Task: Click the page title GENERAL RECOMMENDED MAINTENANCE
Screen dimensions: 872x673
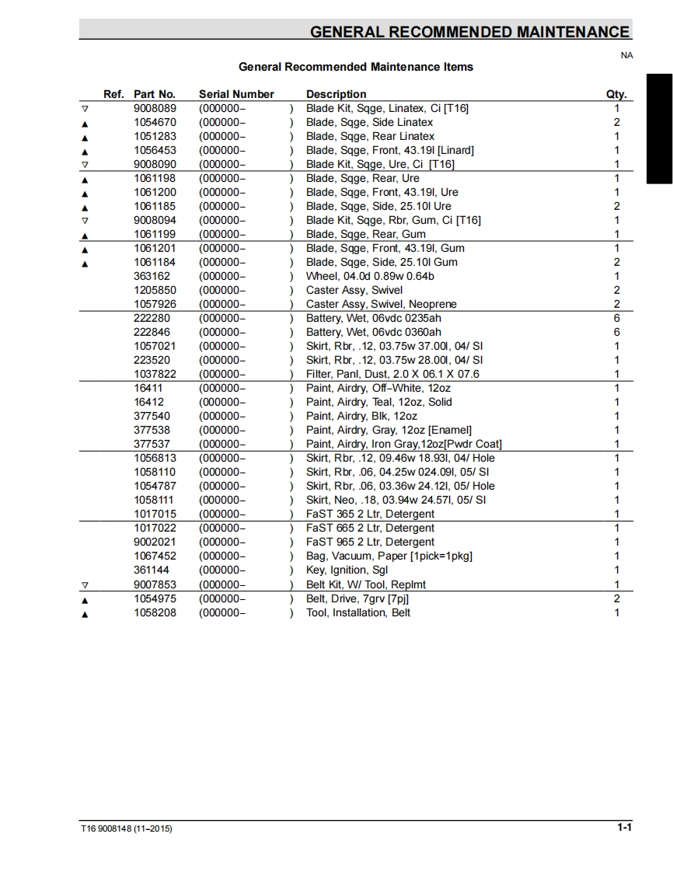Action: [x=469, y=32]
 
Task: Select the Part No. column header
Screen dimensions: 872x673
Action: [x=155, y=94]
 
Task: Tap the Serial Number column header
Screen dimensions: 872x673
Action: [x=236, y=94]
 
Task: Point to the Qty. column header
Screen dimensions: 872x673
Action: [x=616, y=94]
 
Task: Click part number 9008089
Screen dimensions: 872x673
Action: [x=155, y=108]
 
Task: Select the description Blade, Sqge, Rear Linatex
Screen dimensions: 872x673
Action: [x=370, y=136]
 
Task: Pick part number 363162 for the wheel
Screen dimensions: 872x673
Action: [x=152, y=276]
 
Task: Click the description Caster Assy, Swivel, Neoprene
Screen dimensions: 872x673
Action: [x=381, y=304]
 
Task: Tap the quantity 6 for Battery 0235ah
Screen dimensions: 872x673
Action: [x=617, y=318]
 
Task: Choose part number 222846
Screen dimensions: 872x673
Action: [x=152, y=332]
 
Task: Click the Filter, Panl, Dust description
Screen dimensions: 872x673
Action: [x=392, y=374]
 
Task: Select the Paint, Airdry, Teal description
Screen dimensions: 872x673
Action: [x=378, y=402]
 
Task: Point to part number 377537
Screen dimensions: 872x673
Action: [x=152, y=444]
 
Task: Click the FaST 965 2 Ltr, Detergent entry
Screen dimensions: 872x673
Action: [x=370, y=542]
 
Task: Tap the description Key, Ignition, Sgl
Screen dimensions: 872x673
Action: [x=347, y=570]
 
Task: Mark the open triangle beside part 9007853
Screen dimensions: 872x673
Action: [x=85, y=585]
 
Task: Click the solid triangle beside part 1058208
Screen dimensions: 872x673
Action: [x=85, y=614]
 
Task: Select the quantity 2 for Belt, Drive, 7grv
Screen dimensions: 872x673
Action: [x=617, y=598]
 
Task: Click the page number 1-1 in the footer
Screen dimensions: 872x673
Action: [x=624, y=828]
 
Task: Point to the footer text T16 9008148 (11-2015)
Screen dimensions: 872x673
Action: [x=126, y=828]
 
